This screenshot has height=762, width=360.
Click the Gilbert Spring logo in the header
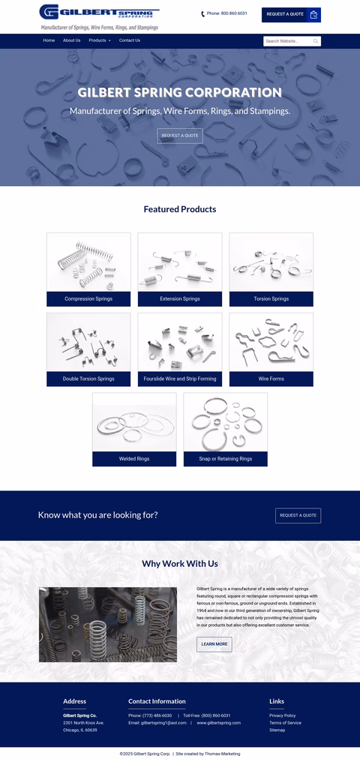pos(99,16)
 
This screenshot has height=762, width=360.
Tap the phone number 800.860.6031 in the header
pos(226,13)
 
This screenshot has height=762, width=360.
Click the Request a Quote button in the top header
pos(290,14)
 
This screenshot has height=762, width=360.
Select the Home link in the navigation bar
pos(49,40)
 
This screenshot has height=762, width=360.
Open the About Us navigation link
pos(71,40)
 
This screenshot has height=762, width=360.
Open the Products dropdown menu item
pos(99,40)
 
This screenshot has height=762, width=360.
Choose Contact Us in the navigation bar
pos(129,40)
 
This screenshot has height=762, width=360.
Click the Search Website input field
pos(287,41)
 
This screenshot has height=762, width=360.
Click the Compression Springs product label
pos(88,298)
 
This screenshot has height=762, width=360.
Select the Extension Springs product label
pos(180,298)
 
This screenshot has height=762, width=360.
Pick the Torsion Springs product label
pos(271,298)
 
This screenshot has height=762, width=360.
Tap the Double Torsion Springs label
pos(88,379)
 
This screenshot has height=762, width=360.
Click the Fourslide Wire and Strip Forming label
pos(180,379)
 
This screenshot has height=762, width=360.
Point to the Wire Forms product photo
pos(271,342)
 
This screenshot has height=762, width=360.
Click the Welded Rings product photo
pos(134,422)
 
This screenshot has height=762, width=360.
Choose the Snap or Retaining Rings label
pos(225,458)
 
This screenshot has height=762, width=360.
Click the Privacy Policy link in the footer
pos(282,715)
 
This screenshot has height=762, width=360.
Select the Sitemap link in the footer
pos(277,730)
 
